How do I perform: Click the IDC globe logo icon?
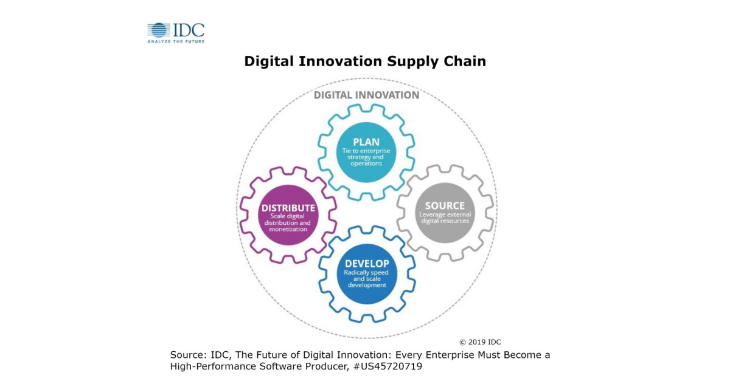point(159,30)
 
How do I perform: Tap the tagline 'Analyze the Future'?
point(176,41)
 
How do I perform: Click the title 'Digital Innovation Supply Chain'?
point(365,61)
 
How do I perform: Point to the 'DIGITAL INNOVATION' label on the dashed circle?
point(366,95)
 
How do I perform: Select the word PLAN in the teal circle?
point(366,142)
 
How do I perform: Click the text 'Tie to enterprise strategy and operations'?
point(366,157)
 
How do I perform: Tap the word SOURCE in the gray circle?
point(445,206)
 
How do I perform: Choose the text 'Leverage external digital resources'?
point(445,218)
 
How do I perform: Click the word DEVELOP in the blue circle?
point(367,264)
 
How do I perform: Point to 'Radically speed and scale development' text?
point(367,278)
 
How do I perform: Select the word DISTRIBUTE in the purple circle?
point(288,208)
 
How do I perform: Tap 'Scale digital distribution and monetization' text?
point(288,222)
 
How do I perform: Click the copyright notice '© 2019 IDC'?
point(480,342)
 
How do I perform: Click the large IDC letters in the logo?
point(189,30)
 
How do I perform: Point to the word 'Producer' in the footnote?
point(324,366)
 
